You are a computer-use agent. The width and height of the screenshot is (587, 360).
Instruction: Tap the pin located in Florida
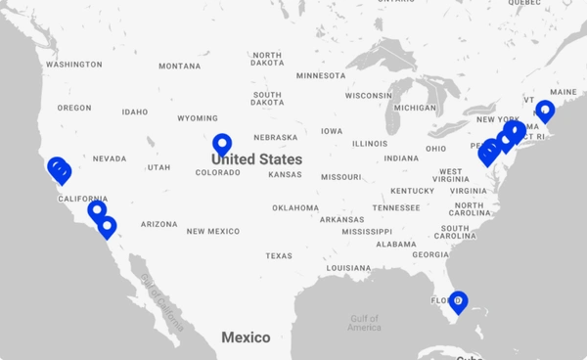point(457,302)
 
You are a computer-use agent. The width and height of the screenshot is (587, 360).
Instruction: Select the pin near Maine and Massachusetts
point(544,111)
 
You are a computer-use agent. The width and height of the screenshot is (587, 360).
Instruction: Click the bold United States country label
point(256,157)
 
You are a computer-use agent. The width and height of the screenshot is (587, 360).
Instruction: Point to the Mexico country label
point(246,337)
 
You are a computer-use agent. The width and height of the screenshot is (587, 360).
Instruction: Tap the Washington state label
point(73,65)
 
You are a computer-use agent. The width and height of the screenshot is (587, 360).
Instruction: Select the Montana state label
point(179,67)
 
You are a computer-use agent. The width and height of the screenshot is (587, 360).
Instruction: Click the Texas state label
point(278,256)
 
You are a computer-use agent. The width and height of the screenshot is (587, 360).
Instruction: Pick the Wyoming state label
point(198,118)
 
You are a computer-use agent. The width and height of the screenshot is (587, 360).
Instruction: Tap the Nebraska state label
point(275,138)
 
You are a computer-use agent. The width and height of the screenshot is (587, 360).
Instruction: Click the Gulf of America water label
point(364,323)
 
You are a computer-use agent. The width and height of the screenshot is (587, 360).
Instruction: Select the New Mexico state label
point(213,231)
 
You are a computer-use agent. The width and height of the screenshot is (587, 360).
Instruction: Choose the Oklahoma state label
point(295,207)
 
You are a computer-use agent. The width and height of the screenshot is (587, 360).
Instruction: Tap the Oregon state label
point(74,109)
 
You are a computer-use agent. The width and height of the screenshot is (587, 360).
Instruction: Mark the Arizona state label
point(158,224)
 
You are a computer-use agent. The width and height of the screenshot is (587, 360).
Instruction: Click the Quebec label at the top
point(524,3)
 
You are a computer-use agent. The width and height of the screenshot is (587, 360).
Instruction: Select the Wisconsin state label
point(368,96)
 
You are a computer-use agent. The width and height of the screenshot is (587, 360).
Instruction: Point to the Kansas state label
point(285,175)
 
